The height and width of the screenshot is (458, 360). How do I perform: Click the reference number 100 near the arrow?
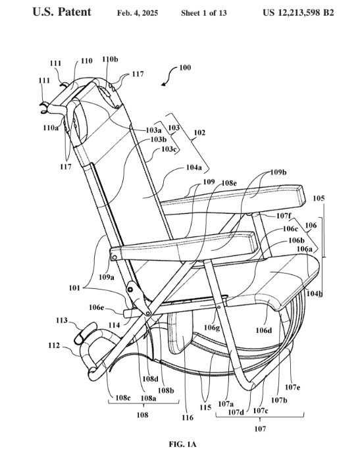pyautogui.click(x=185, y=68)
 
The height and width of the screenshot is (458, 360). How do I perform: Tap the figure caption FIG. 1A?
pyautogui.click(x=182, y=445)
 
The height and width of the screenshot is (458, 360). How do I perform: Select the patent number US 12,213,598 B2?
pyautogui.click(x=298, y=13)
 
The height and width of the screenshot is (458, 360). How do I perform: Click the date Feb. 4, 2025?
pyautogui.click(x=138, y=13)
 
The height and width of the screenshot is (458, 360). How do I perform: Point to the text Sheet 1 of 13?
pyautogui.click(x=203, y=13)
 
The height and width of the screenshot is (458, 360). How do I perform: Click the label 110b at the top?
pyautogui.click(x=110, y=59)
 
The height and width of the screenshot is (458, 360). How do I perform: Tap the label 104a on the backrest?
pyautogui.click(x=194, y=168)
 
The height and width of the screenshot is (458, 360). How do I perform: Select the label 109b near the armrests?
pyautogui.click(x=278, y=172)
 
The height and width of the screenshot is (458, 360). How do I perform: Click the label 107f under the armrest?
pyautogui.click(x=284, y=216)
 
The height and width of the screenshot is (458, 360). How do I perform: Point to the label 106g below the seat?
pyautogui.click(x=212, y=328)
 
